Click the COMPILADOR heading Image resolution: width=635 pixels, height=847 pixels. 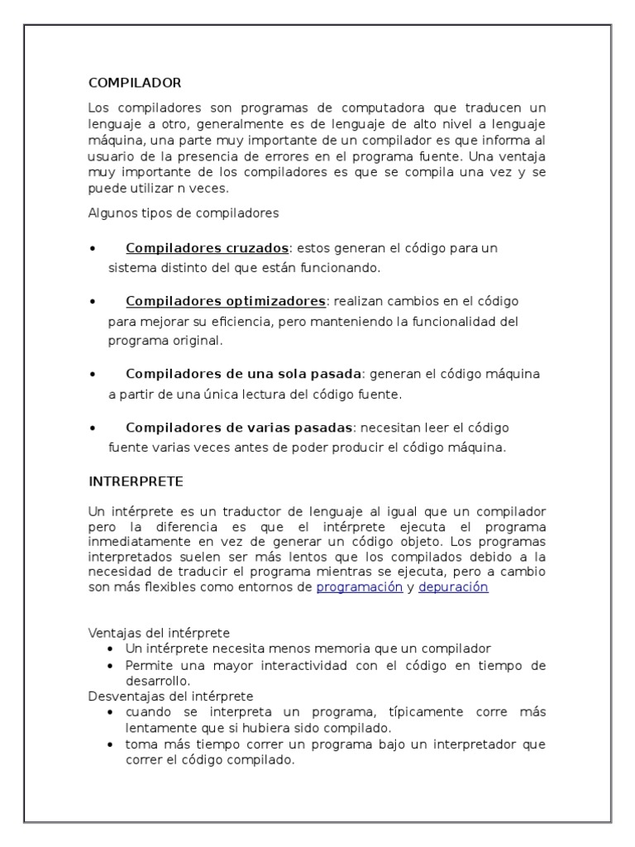tap(134, 83)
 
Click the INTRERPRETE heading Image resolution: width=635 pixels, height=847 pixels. tap(136, 481)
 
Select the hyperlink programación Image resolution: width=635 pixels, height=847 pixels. tap(360, 586)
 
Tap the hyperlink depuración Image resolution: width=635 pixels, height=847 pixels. tap(453, 586)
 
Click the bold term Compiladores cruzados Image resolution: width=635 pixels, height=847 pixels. tap(207, 248)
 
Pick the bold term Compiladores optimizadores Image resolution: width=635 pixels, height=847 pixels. tap(226, 301)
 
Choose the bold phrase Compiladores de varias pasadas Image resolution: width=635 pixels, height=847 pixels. tap(239, 428)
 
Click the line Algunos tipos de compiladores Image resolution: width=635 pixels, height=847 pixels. tap(184, 213)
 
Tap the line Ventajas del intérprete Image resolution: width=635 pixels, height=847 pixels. tap(159, 633)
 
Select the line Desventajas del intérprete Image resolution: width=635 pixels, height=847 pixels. tap(170, 696)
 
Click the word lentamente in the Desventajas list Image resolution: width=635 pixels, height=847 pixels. tap(157, 728)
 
